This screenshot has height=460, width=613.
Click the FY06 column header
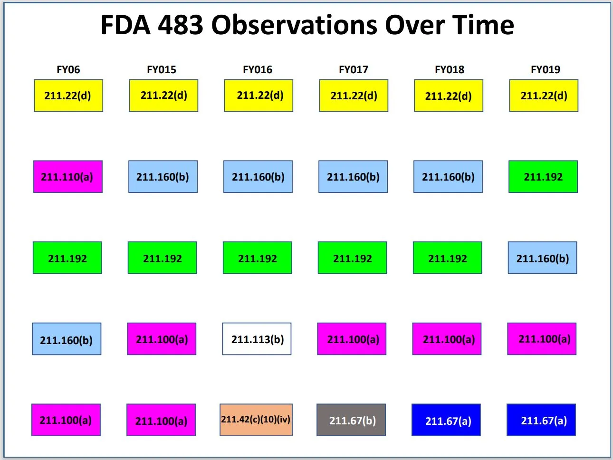pyautogui.click(x=68, y=69)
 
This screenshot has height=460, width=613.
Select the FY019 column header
pyautogui.click(x=545, y=69)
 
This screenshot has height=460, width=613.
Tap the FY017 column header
pyautogui.click(x=353, y=69)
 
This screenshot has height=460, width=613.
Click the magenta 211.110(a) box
pyautogui.click(x=67, y=177)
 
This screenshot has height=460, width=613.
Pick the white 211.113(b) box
pyautogui.click(x=257, y=339)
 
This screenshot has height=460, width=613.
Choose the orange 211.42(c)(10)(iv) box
pyautogui.click(x=256, y=420)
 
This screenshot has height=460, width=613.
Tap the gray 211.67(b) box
pyautogui.click(x=351, y=420)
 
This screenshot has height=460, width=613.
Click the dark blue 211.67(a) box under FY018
pyautogui.click(x=446, y=420)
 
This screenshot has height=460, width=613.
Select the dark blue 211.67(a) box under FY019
pyautogui.click(x=541, y=420)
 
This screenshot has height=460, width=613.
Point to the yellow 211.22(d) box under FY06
pyautogui.click(x=68, y=96)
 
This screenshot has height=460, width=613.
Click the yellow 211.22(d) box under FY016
pyautogui.click(x=259, y=96)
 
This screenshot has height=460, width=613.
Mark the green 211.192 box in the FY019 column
pyautogui.click(x=543, y=177)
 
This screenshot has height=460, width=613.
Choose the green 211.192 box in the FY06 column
pyautogui.click(x=67, y=258)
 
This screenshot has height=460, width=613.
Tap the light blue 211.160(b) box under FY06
pyautogui.click(x=67, y=339)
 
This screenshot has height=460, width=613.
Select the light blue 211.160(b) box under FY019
pyautogui.click(x=542, y=258)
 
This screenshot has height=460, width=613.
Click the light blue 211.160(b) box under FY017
pyautogui.click(x=353, y=177)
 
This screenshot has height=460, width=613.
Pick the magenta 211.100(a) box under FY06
pyautogui.click(x=66, y=420)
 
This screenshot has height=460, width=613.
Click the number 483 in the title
pyautogui.click(x=180, y=25)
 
